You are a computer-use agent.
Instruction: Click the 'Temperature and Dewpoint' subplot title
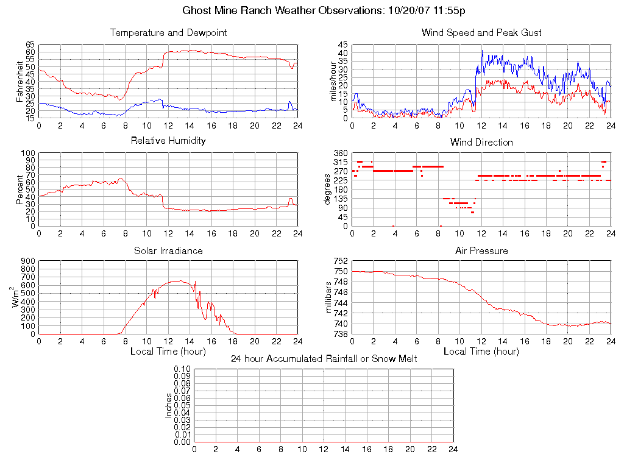tap(168, 33)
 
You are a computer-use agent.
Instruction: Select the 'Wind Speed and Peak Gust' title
tap(481, 33)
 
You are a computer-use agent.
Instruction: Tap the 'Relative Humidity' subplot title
tap(168, 141)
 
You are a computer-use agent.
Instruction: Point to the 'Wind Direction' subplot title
tap(481, 143)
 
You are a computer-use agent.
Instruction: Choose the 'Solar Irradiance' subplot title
tap(168, 251)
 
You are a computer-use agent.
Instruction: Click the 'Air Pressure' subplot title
tap(481, 251)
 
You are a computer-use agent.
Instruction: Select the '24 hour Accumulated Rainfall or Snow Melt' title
tap(324, 359)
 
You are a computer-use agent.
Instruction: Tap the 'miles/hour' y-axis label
tap(333, 82)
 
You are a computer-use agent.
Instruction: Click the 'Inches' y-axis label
tap(169, 405)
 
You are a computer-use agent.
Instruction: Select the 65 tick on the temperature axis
tap(30, 45)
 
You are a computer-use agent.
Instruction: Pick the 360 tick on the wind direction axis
tap(341, 154)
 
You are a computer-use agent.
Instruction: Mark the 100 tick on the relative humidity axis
tap(27, 154)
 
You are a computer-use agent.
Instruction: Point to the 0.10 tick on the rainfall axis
tap(182, 369)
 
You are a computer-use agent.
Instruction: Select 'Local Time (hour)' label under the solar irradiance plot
tap(168, 352)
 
